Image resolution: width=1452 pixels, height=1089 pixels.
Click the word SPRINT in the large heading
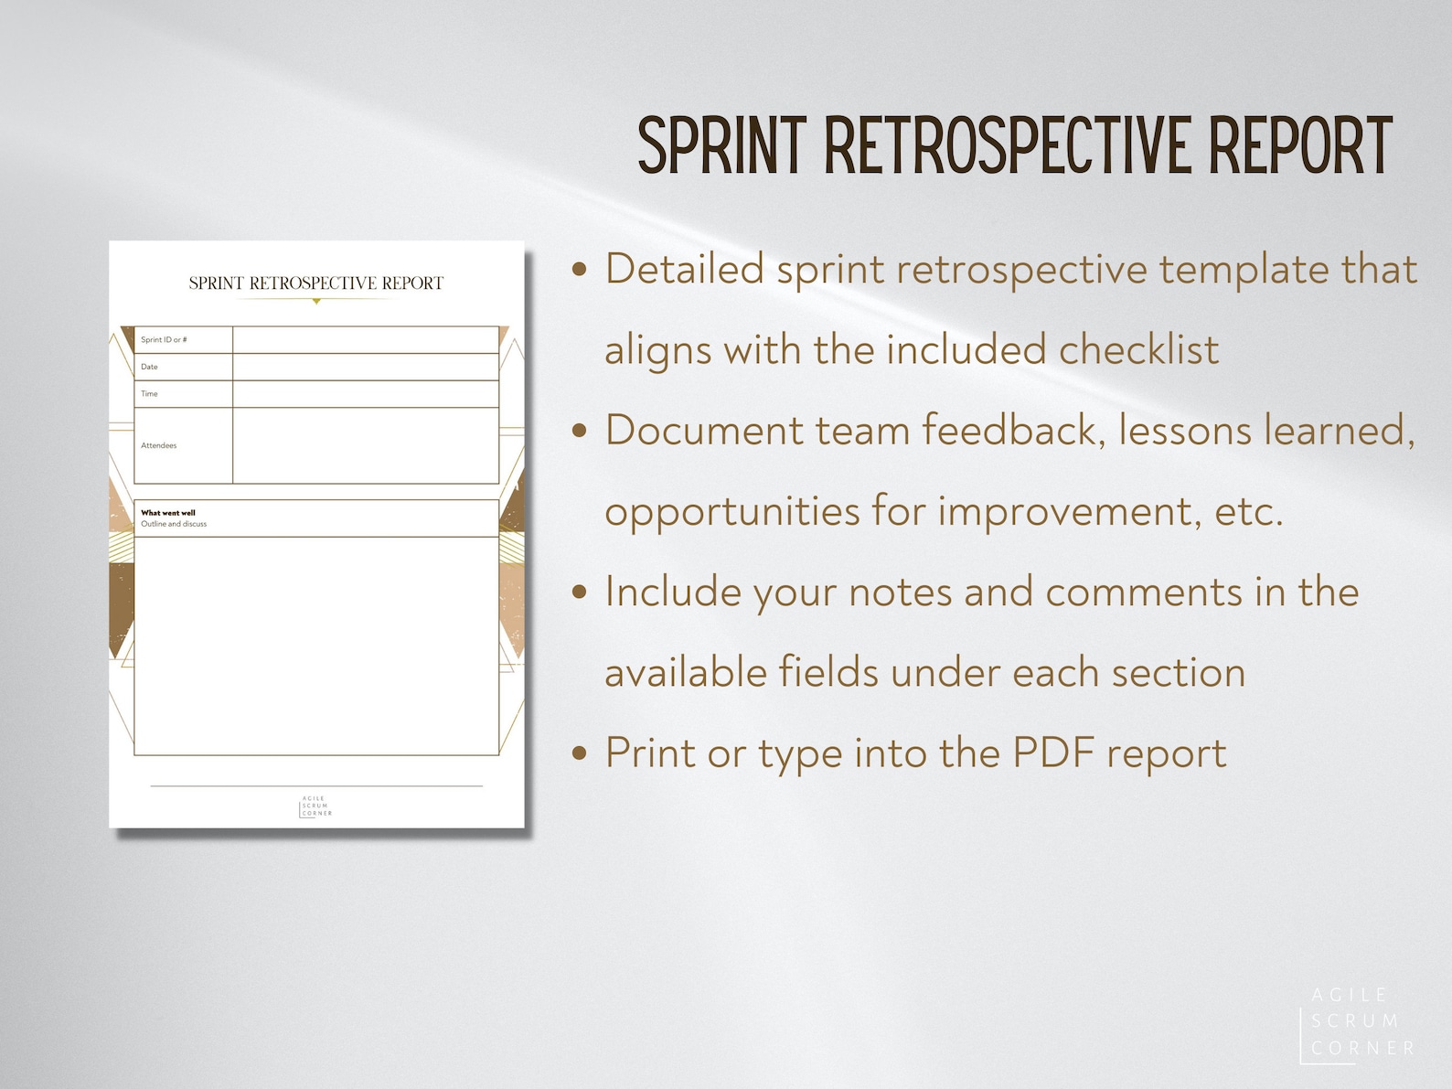pos(721,146)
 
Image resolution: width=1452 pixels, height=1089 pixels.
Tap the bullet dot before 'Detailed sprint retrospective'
pos(579,270)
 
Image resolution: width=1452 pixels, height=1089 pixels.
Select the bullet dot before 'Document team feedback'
pos(579,431)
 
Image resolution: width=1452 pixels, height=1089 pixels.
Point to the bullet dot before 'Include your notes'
pos(579,593)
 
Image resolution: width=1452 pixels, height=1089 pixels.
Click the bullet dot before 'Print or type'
pos(579,753)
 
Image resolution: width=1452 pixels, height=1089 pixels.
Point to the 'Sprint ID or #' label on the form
pos(164,340)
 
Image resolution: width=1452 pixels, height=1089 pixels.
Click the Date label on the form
pos(149,367)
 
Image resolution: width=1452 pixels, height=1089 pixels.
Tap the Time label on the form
pos(149,394)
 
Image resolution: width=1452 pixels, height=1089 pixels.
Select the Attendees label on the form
pos(159,446)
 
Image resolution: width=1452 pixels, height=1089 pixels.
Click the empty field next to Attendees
pos(366,446)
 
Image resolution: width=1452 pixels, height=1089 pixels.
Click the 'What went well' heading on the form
pos(168,513)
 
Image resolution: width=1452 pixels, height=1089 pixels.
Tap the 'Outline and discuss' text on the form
pos(174,525)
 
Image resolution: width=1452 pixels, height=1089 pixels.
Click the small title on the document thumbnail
pos(315,283)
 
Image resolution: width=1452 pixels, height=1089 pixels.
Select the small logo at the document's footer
pos(315,806)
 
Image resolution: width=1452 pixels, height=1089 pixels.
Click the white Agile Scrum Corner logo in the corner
pos(1357,1021)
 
